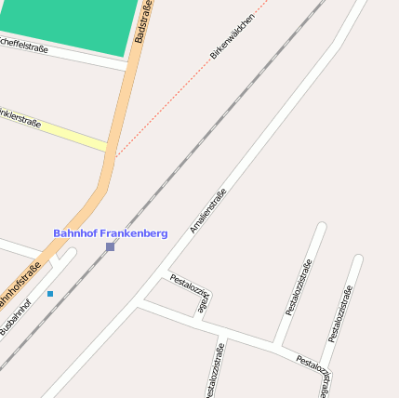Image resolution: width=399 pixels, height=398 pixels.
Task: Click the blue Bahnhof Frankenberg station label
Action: pos(110,233)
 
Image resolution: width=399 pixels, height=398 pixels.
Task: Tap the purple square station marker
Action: pos(110,246)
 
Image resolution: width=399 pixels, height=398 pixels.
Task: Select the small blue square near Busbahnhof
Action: pos(50,294)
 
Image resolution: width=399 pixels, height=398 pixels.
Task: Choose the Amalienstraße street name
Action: pos(208,210)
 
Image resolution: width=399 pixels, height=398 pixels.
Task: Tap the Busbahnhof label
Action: pos(16,317)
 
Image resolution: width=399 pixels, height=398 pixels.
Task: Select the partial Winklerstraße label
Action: pos(20,118)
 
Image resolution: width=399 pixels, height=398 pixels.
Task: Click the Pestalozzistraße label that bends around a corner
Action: pos(193,293)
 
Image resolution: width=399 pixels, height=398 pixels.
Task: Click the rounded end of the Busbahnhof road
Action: pos(71,253)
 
